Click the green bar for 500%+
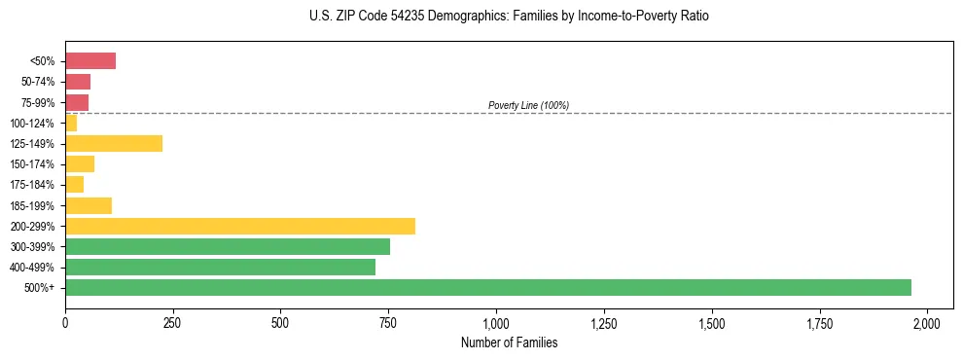click(487, 287)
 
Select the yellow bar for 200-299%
click(240, 226)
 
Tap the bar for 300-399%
click(228, 246)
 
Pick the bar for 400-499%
click(220, 267)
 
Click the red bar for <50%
click(90, 61)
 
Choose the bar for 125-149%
click(114, 143)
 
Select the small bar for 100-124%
click(71, 123)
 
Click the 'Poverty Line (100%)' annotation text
click(528, 105)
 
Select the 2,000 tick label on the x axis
click(927, 323)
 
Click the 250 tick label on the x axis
click(173, 323)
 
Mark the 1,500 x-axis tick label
click(712, 323)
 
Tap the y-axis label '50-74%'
click(39, 82)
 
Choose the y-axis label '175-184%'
click(33, 185)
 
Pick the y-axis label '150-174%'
click(33, 164)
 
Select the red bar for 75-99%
click(77, 102)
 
